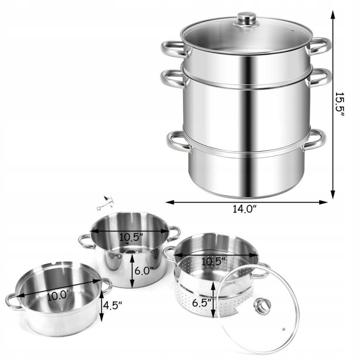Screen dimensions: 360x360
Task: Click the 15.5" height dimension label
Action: (x=339, y=104)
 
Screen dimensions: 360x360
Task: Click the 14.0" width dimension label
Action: (x=244, y=209)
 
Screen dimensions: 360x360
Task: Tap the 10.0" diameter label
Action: (x=59, y=296)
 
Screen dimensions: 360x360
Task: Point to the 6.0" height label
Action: (x=144, y=271)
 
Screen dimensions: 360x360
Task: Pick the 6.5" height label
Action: (x=202, y=303)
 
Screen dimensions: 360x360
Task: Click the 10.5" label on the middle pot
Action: (x=132, y=237)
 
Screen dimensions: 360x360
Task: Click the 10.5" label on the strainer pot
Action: (x=213, y=261)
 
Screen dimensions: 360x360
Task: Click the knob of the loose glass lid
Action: (x=262, y=305)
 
